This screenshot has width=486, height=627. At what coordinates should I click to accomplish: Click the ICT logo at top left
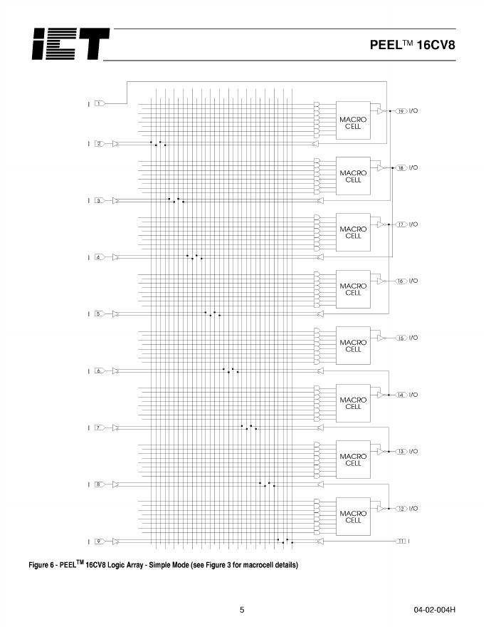tap(70, 44)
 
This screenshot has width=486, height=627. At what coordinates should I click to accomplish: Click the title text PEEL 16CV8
tap(412, 44)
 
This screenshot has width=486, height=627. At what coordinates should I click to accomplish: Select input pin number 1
tap(100, 104)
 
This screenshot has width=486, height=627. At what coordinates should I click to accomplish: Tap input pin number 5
tap(100, 313)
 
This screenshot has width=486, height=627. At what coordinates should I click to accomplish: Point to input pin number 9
tap(100, 541)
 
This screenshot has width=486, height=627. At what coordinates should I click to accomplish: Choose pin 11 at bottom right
tap(401, 541)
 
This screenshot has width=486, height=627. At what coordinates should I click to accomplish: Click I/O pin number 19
tap(401, 111)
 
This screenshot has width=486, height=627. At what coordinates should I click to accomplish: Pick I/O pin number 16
tap(401, 281)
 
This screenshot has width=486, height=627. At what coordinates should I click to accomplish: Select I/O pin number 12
tap(401, 509)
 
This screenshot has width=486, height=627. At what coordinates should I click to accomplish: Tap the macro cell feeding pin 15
tap(354, 346)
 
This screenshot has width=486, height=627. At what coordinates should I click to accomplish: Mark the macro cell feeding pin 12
tap(354, 517)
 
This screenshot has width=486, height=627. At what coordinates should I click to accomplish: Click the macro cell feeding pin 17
tap(354, 233)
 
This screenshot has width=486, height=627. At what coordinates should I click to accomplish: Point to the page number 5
tap(242, 610)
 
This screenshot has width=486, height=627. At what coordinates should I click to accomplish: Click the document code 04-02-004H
tap(434, 610)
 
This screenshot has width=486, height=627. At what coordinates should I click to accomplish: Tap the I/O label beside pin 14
tap(413, 395)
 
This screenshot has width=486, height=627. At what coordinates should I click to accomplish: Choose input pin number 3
tap(100, 200)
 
